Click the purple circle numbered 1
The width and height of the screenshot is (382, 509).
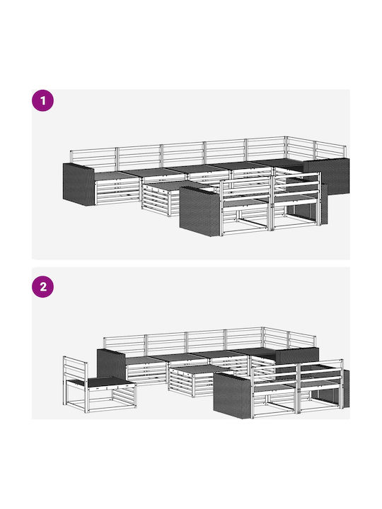point(42,100)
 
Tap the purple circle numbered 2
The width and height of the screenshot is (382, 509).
point(42,286)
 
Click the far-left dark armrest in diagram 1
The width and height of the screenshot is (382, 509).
point(79,184)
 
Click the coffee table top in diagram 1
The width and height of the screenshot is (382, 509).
point(165,186)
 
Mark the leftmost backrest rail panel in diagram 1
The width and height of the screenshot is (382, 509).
point(93,158)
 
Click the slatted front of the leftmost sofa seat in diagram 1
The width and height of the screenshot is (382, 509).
point(117,192)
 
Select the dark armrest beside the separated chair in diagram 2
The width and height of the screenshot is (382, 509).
point(111,365)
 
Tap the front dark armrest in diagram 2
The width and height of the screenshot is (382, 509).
point(233,395)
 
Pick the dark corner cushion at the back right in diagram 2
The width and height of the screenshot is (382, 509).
point(297,356)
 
